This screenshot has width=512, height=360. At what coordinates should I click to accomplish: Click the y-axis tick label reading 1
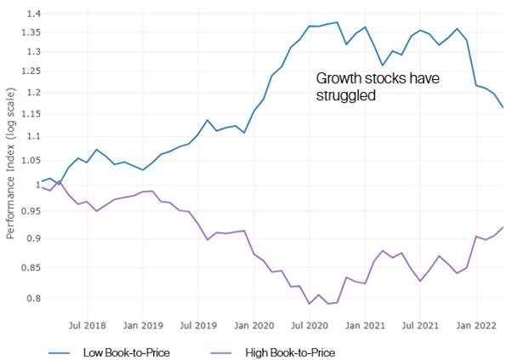click(x=33, y=184)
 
